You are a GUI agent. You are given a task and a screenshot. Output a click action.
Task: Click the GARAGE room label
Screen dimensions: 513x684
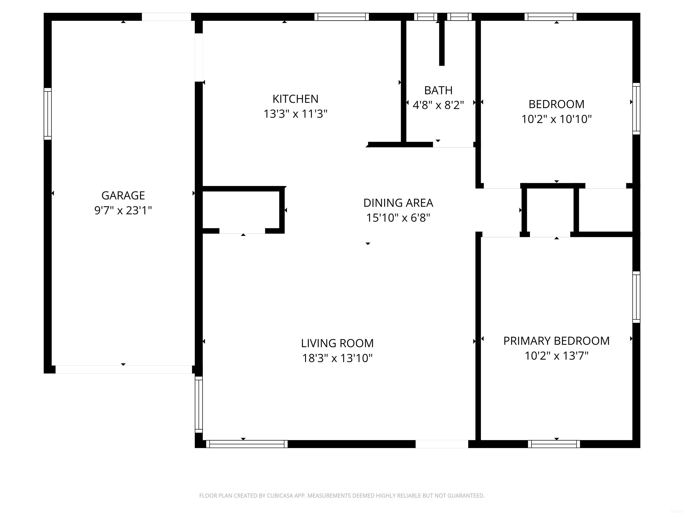pyautogui.click(x=123, y=195)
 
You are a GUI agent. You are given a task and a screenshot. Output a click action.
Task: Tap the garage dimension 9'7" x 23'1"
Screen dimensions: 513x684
pyautogui.click(x=123, y=211)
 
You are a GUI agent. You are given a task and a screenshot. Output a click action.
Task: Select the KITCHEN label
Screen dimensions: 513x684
pyautogui.click(x=295, y=99)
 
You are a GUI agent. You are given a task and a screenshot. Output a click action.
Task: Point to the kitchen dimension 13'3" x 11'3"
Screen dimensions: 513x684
pyautogui.click(x=295, y=114)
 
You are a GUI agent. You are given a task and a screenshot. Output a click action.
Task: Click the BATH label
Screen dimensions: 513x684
pyautogui.click(x=438, y=90)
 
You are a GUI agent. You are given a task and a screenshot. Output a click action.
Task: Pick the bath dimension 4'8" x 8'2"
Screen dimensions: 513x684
pyautogui.click(x=438, y=105)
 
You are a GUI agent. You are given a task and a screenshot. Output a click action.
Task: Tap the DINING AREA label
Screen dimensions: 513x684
pyautogui.click(x=398, y=203)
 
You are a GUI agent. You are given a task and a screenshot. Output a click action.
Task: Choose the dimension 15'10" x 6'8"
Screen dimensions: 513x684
pyautogui.click(x=398, y=218)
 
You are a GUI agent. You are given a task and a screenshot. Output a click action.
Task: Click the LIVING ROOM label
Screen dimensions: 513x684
pyautogui.click(x=337, y=343)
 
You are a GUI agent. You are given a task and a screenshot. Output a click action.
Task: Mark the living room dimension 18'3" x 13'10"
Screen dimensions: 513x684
pyautogui.click(x=337, y=358)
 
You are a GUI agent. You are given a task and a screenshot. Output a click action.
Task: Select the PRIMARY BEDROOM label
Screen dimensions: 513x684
pyautogui.click(x=556, y=341)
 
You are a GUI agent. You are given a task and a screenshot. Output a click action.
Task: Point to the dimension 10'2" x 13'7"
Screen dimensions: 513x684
pyautogui.click(x=556, y=356)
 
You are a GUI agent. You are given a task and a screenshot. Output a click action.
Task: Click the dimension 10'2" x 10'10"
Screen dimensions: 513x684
pyautogui.click(x=556, y=119)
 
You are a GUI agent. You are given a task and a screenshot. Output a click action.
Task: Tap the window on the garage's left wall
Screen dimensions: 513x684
pyautogui.click(x=48, y=114)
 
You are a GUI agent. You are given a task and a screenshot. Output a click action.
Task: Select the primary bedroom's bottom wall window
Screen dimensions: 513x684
pyautogui.click(x=554, y=444)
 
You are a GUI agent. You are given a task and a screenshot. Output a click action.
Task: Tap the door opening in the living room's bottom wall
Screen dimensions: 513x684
pyautogui.click(x=442, y=444)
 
